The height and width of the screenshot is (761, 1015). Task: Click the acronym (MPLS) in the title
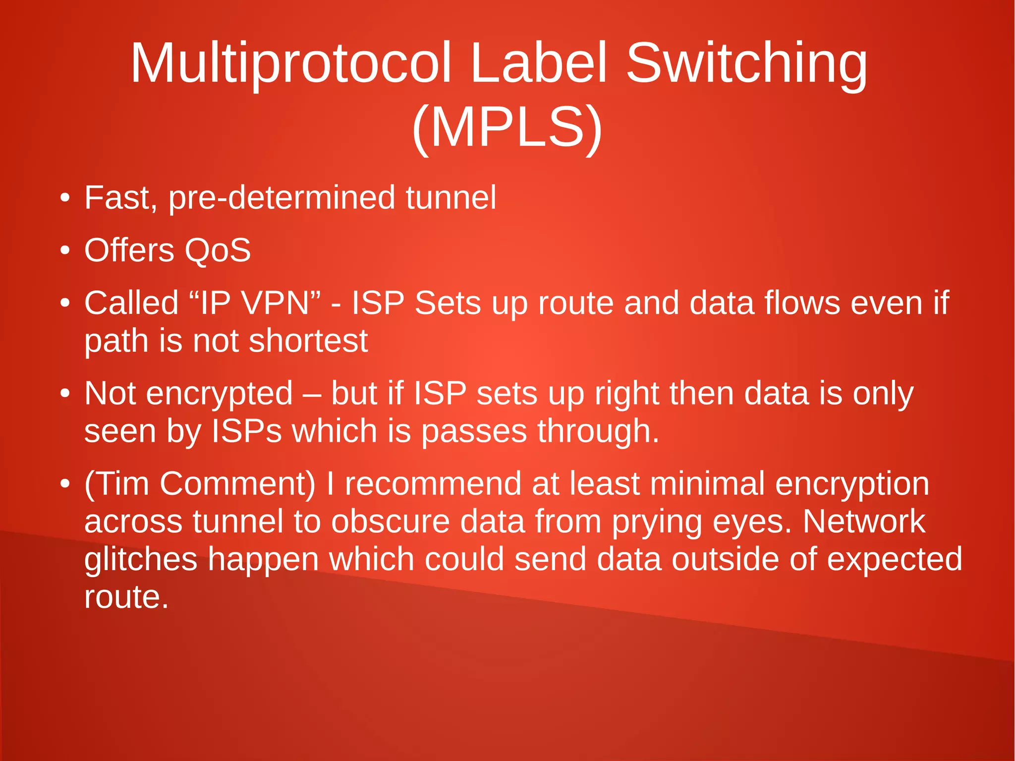click(x=507, y=128)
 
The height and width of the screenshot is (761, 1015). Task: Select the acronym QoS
click(x=218, y=250)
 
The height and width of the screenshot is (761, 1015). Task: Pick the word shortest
click(x=308, y=341)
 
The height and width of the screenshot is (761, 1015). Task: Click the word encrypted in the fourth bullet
click(x=220, y=395)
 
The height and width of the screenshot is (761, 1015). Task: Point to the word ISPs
click(x=246, y=431)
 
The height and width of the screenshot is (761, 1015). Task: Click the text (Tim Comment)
click(x=200, y=484)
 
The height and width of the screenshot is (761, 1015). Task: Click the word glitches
click(x=141, y=560)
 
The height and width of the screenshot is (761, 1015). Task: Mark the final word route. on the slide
click(x=126, y=597)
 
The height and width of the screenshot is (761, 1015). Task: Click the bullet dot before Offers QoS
click(x=64, y=251)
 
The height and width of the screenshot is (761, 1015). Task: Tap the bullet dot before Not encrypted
click(x=64, y=395)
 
